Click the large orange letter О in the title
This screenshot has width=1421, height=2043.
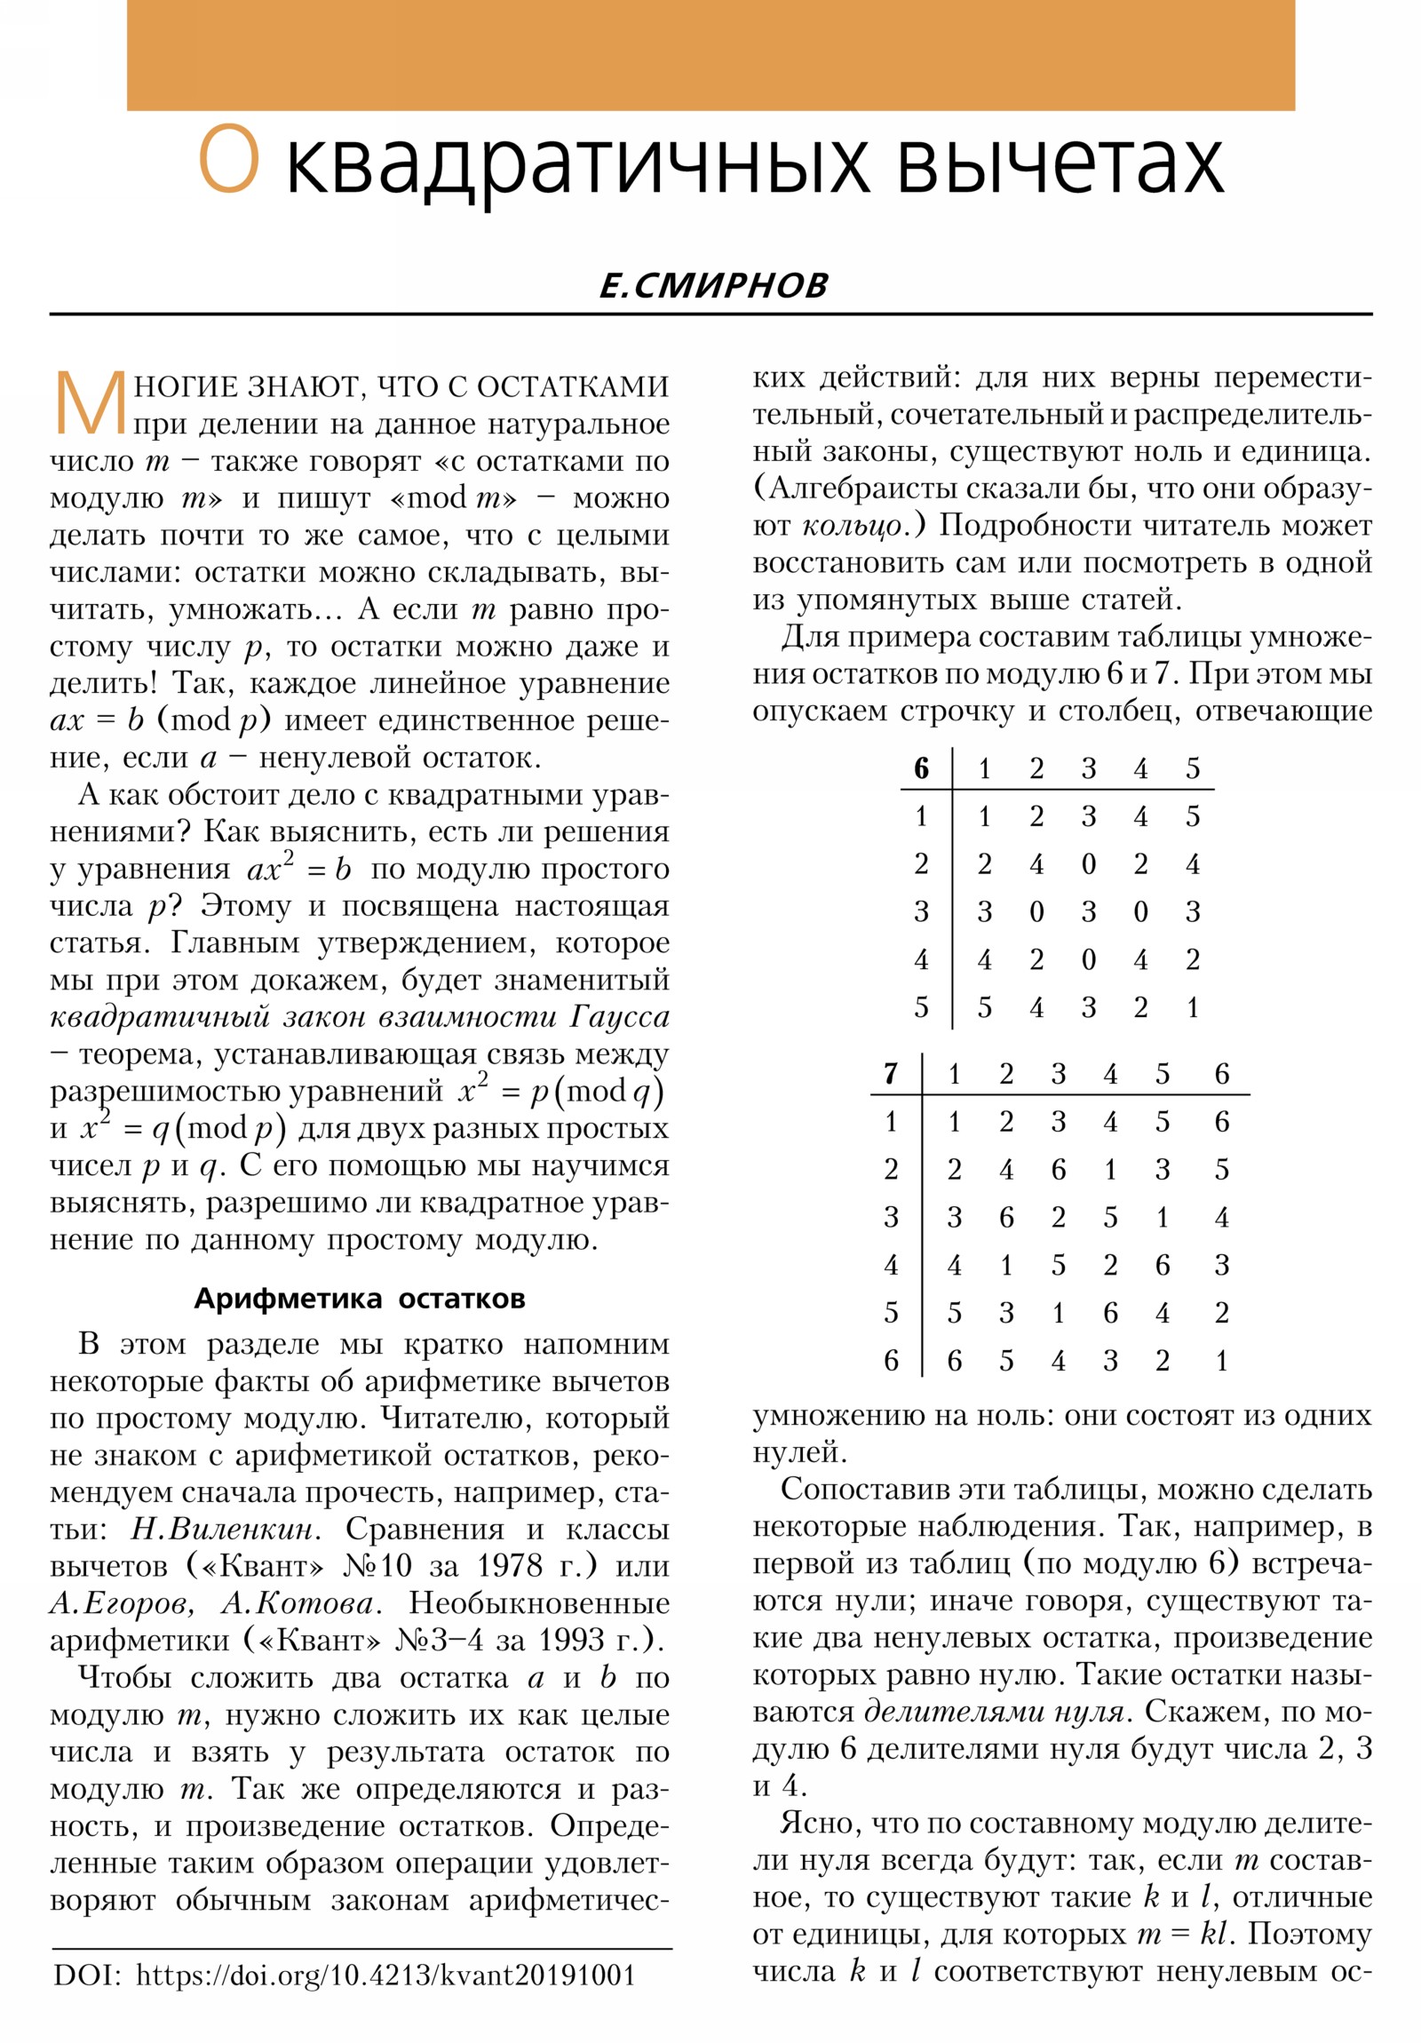[228, 159]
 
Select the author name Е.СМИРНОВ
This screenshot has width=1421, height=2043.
[713, 286]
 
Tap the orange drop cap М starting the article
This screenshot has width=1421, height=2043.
[89, 406]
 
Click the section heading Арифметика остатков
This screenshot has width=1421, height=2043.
[360, 1299]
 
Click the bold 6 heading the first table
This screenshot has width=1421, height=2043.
[921, 768]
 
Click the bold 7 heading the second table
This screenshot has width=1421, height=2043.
[891, 1074]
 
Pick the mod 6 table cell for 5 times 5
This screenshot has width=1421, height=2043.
[1193, 1007]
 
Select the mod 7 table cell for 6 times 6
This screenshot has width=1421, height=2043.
[1222, 1361]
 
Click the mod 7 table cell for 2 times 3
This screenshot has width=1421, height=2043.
[1058, 1169]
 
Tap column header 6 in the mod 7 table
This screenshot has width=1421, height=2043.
[1222, 1074]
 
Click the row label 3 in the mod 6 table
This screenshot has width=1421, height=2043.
[921, 911]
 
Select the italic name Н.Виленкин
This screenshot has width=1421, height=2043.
[222, 1529]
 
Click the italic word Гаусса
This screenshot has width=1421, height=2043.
[619, 1017]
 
